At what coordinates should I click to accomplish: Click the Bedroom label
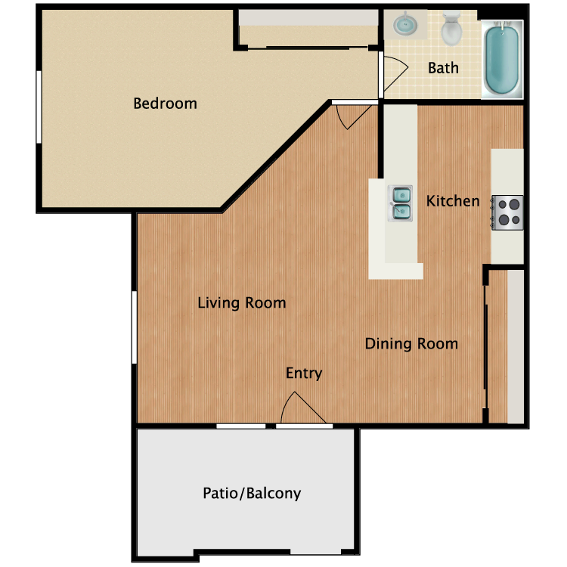click(x=165, y=104)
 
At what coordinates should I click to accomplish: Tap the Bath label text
click(x=443, y=68)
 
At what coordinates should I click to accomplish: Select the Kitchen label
click(x=453, y=201)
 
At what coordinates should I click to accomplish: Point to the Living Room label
click(x=241, y=303)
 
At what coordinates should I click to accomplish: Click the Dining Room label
click(x=411, y=344)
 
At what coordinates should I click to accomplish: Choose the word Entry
click(x=304, y=373)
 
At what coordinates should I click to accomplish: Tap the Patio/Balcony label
click(x=252, y=494)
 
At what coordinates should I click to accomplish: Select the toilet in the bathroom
click(x=452, y=29)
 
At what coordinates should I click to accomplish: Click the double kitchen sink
click(x=401, y=203)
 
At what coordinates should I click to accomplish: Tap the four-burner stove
click(x=507, y=212)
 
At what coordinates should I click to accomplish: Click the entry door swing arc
click(x=299, y=408)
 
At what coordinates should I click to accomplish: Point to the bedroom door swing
click(x=352, y=116)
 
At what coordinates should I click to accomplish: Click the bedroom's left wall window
click(x=39, y=107)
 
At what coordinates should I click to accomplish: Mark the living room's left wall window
click(x=135, y=327)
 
